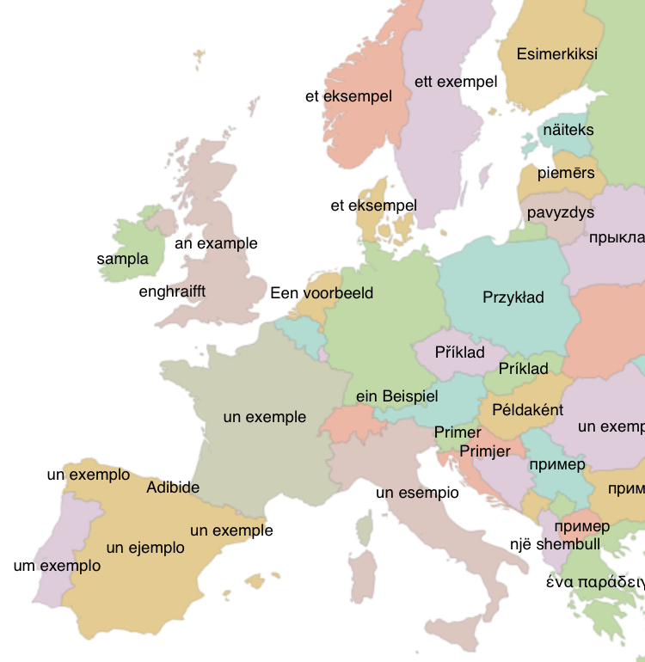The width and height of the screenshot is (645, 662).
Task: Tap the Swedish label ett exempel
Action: (x=456, y=83)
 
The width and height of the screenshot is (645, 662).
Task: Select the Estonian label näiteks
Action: (x=568, y=131)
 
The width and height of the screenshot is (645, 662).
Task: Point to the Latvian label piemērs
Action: (x=566, y=174)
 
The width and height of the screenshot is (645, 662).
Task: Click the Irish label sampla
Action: (x=122, y=259)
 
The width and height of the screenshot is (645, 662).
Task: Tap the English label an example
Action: (x=216, y=243)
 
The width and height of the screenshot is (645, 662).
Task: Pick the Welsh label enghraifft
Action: (x=172, y=291)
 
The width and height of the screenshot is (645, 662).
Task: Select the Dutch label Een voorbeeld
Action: (x=322, y=293)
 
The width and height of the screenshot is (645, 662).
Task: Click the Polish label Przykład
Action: (x=513, y=297)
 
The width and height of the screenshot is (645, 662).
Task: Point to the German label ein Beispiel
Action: (x=397, y=396)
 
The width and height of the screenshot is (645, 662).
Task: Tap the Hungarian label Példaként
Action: (x=528, y=410)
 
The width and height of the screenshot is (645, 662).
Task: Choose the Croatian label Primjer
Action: (x=485, y=451)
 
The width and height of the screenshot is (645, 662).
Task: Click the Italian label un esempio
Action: (x=417, y=493)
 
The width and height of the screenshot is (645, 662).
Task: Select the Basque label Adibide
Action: (x=173, y=487)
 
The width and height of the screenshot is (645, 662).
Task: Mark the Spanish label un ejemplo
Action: (x=145, y=548)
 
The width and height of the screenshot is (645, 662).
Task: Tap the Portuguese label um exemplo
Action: (x=57, y=566)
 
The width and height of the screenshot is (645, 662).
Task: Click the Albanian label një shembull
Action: (x=555, y=544)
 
